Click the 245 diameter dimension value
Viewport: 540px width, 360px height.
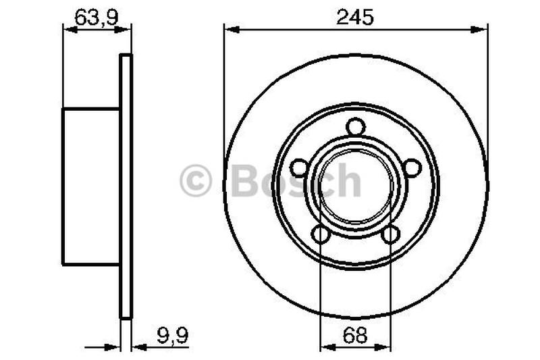(x=355, y=18)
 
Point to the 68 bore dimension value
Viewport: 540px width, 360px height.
(x=355, y=335)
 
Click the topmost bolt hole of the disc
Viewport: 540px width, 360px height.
(x=356, y=127)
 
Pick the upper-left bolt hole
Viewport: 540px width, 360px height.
(x=299, y=168)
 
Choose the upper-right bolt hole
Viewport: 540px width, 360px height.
(x=412, y=168)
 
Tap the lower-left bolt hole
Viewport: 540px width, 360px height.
(x=321, y=234)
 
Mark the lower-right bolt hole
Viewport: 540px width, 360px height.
(x=390, y=234)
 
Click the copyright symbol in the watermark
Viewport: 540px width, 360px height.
(x=195, y=180)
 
